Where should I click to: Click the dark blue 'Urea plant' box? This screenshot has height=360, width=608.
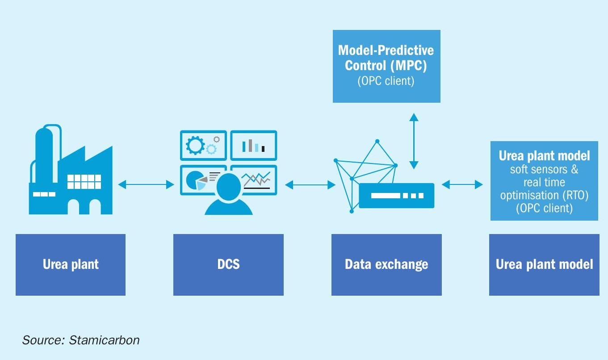pyautogui.click(x=71, y=265)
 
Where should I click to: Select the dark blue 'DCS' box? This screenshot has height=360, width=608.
pyautogui.click(x=228, y=265)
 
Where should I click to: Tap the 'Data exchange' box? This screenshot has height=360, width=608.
pyautogui.click(x=386, y=265)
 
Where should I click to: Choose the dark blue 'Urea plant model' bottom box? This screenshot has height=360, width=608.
pyautogui.click(x=544, y=265)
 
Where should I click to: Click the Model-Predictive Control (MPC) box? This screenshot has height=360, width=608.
pyautogui.click(x=386, y=66)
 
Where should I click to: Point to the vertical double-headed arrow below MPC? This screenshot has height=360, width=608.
pyautogui.click(x=414, y=141)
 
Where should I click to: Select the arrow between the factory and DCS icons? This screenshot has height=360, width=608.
pyautogui.click(x=146, y=184)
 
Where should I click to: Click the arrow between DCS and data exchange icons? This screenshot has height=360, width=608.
pyautogui.click(x=310, y=185)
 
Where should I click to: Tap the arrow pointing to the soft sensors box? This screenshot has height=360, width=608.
pyautogui.click(x=462, y=184)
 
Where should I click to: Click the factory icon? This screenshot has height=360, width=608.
pyautogui.click(x=71, y=170)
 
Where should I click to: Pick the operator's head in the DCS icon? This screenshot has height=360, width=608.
pyautogui.click(x=229, y=187)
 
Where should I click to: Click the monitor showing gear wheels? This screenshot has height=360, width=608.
pyautogui.click(x=203, y=146)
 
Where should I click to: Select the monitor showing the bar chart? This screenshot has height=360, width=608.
pyautogui.click(x=253, y=146)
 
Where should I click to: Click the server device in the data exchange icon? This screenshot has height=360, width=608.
pyautogui.click(x=397, y=196)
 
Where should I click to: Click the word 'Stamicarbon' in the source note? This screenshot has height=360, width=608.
pyautogui.click(x=104, y=340)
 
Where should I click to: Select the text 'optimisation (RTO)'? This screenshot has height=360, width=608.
pyautogui.click(x=544, y=195)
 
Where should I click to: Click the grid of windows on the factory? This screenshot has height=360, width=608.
pyautogui.click(x=84, y=181)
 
